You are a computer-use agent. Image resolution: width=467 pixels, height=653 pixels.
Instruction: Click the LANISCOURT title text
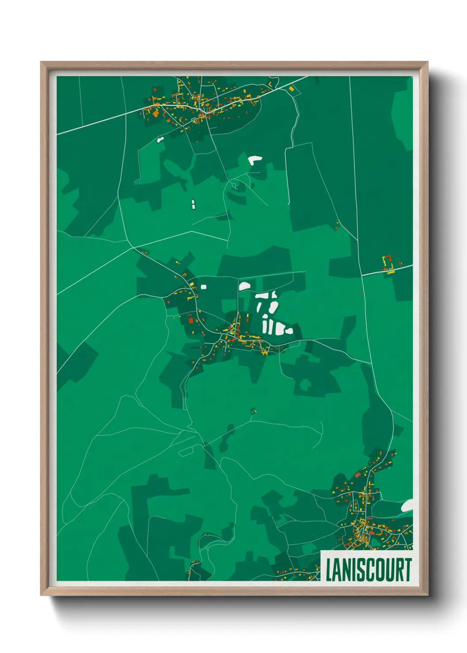[368, 570]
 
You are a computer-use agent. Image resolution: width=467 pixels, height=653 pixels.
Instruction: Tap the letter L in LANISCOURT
[329, 570]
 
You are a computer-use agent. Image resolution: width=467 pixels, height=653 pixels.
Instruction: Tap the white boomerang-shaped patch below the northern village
[255, 160]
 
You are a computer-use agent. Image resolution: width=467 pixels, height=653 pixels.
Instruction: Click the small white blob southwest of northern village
[160, 140]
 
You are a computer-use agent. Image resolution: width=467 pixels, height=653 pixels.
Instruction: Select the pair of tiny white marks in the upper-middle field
[193, 204]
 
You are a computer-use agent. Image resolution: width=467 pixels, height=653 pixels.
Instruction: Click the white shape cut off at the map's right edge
[408, 506]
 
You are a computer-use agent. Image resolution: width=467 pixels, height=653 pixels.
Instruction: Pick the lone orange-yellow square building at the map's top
[291, 89]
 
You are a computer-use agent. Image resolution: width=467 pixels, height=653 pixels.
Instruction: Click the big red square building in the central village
[191, 320]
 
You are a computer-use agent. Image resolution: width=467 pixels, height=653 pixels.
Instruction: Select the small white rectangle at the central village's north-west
[203, 287]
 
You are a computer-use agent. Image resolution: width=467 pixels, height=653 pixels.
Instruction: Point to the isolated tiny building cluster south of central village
[253, 412]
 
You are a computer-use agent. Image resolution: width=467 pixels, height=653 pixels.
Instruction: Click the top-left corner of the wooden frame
[41, 63]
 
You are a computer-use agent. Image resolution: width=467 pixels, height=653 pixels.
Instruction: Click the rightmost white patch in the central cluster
[289, 330]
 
